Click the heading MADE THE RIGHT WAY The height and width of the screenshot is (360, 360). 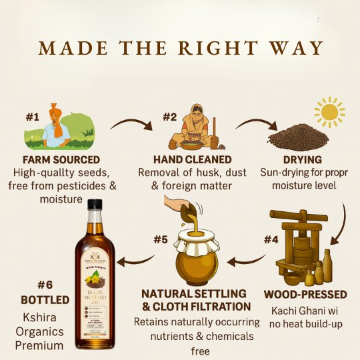(180, 49)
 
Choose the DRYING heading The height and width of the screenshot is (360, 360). (302, 160)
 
